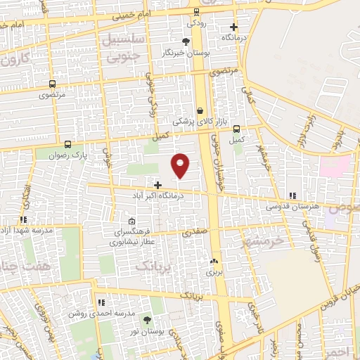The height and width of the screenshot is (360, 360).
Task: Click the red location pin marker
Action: point(181,165)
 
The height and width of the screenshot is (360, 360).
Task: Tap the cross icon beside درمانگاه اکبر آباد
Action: point(157,184)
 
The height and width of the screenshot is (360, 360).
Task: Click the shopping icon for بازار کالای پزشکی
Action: point(201,110)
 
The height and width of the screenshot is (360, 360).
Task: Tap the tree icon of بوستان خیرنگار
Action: point(185,42)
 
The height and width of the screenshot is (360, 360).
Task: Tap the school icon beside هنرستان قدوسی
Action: point(292,195)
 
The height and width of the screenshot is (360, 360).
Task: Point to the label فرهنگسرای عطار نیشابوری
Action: point(132,237)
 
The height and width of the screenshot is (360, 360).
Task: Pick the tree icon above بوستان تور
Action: point(147,320)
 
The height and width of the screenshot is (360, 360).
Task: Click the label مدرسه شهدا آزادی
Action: point(24,230)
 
